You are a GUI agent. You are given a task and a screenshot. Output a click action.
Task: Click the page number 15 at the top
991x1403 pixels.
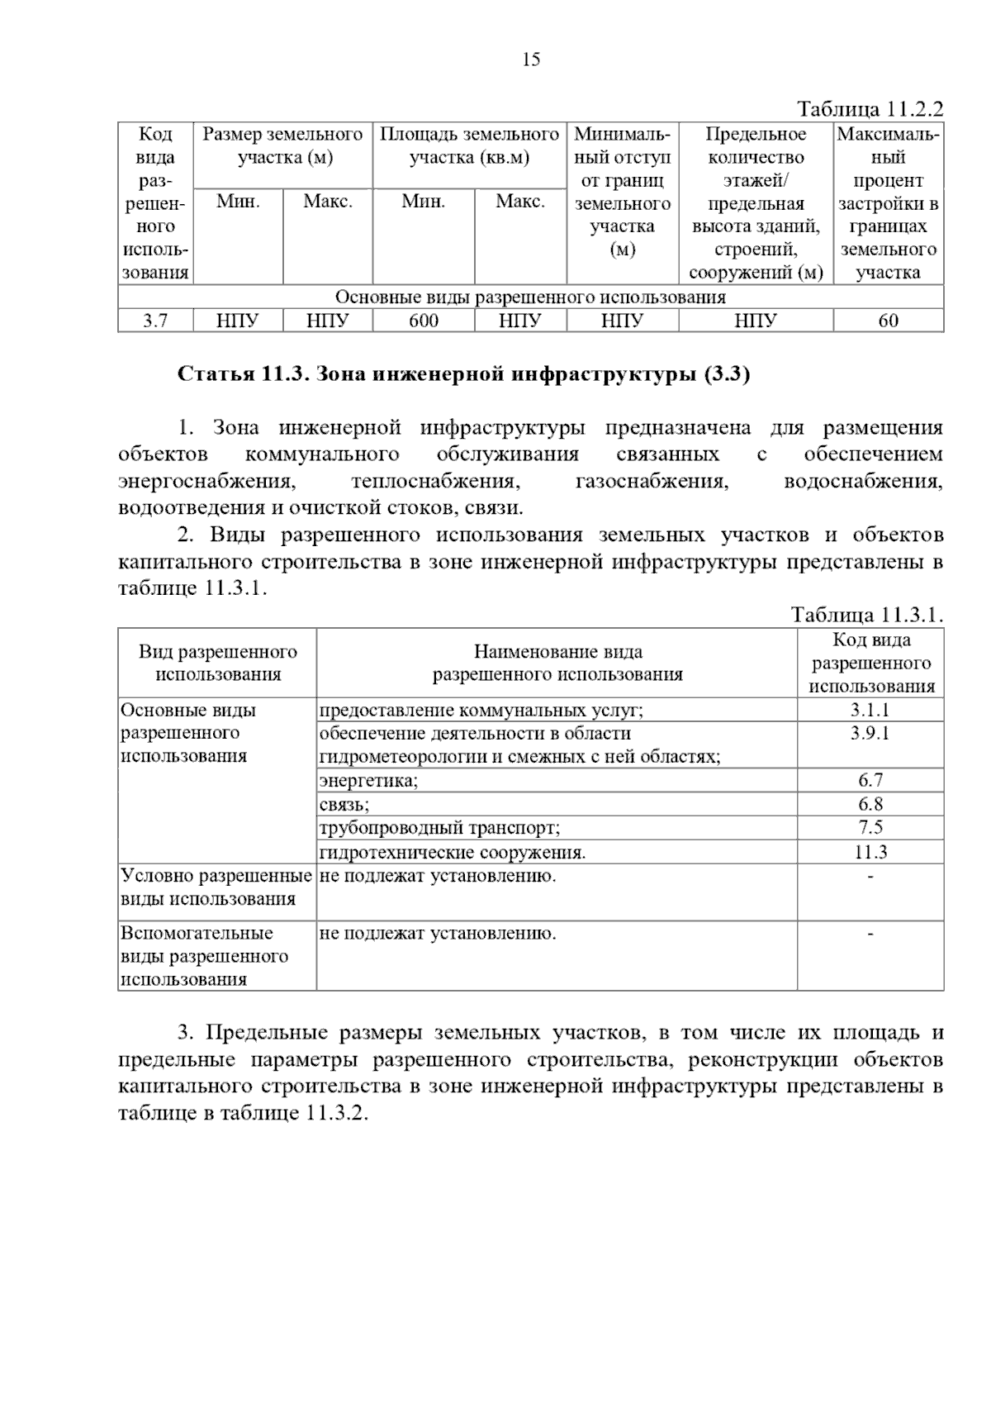[531, 59]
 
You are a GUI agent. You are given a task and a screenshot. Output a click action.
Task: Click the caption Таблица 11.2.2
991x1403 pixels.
[869, 109]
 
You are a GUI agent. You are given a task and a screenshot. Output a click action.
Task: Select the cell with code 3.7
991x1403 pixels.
[155, 321]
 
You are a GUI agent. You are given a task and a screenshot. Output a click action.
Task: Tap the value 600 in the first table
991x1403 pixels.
[424, 321]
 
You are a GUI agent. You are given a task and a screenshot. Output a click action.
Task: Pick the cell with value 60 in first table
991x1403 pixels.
[888, 321]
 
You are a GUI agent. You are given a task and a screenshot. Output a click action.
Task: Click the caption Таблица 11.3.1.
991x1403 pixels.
[866, 615]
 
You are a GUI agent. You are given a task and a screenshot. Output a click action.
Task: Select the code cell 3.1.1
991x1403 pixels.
[870, 710]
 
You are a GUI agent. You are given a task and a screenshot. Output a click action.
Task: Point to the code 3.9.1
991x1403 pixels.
[870, 733]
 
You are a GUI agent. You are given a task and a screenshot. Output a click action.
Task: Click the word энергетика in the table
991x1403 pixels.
[368, 780]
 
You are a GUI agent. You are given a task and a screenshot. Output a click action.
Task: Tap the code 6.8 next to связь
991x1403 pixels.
[870, 804]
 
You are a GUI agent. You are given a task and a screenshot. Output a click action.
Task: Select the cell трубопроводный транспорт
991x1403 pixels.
[439, 828]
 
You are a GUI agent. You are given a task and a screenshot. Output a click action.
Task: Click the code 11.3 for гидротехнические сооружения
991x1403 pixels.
[870, 852]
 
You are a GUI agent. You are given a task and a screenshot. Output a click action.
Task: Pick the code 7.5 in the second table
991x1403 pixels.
[870, 827]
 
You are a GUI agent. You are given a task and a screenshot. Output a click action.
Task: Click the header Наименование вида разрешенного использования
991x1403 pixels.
[557, 663]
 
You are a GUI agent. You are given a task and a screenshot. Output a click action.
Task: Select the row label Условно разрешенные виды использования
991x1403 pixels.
[216, 887]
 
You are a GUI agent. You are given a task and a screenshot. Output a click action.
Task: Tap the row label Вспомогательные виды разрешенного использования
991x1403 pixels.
[205, 956]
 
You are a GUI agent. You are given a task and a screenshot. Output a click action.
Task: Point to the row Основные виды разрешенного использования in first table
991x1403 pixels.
[530, 297]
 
